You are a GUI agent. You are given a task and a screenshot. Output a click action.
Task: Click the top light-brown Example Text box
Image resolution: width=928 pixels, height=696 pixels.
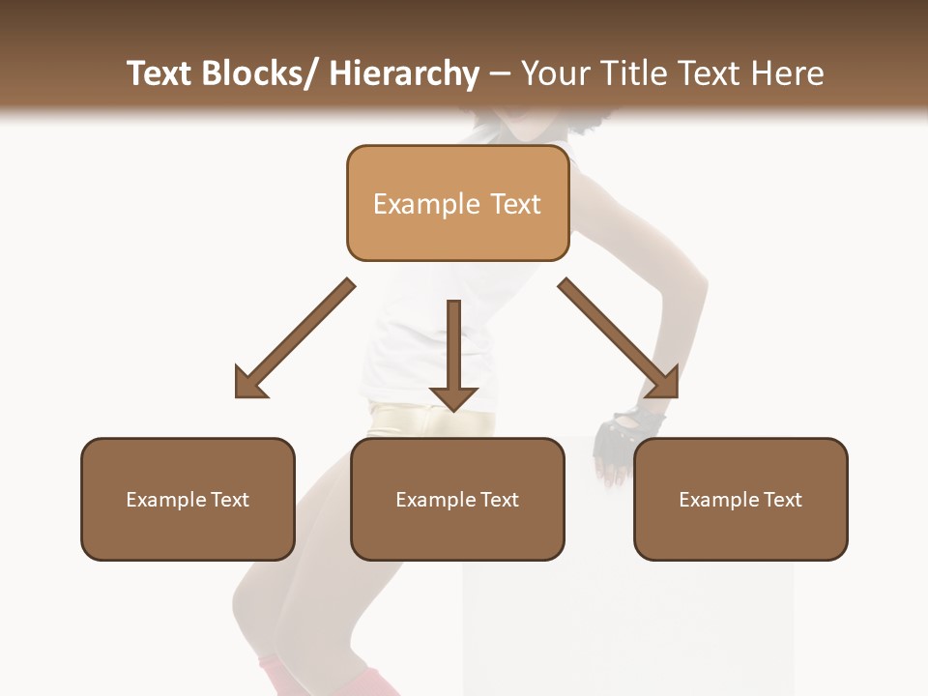(457, 203)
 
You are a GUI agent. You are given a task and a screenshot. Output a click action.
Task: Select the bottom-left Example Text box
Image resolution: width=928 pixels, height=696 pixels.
(188, 499)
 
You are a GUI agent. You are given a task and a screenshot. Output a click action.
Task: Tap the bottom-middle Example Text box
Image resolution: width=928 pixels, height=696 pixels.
(457, 499)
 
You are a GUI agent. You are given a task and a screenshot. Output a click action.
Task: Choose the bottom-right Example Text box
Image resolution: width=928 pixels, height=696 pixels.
(740, 499)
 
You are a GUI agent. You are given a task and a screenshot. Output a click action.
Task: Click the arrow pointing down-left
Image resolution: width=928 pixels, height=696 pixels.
(294, 339)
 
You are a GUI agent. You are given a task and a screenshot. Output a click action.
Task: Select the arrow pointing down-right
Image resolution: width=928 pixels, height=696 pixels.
(619, 339)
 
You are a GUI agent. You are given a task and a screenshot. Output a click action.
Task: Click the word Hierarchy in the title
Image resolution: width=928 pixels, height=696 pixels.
(404, 73)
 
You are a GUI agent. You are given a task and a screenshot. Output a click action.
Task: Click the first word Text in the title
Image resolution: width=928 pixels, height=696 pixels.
(160, 73)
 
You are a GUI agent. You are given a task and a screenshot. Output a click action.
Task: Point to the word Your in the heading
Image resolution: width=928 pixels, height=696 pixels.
(553, 73)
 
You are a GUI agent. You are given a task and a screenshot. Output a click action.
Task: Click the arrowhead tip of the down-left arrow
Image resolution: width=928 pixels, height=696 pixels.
(238, 395)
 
